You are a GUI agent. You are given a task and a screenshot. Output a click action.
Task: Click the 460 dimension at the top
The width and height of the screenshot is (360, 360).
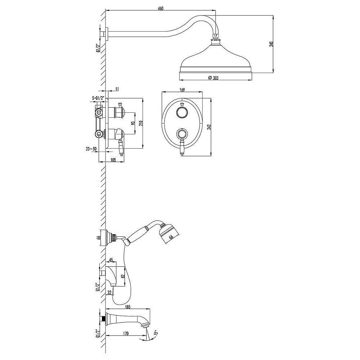161,8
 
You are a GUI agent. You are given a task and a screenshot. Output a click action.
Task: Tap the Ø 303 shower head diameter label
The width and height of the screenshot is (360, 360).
213,78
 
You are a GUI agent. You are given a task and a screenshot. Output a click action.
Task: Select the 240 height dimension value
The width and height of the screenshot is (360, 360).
271,45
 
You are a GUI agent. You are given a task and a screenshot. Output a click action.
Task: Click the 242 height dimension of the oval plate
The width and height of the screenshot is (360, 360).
208,127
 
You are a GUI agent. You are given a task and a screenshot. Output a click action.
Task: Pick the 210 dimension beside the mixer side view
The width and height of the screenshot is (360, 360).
140,123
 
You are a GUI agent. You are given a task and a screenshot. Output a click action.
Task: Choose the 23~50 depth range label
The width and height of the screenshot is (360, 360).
91,149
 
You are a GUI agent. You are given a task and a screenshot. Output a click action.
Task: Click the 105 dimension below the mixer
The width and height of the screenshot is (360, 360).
113,160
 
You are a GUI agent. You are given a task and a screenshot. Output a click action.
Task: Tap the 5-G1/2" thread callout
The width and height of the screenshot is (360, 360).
98,98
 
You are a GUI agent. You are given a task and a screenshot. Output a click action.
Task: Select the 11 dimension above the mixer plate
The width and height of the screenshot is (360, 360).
117,89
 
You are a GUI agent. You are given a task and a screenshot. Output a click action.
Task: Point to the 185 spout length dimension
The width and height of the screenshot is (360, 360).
128,306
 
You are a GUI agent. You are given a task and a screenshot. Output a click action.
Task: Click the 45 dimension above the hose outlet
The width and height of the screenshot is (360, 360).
111,260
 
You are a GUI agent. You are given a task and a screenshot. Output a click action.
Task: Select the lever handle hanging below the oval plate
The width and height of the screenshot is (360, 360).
182,147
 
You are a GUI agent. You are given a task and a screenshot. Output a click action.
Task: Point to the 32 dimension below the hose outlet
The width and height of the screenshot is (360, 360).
109,292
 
